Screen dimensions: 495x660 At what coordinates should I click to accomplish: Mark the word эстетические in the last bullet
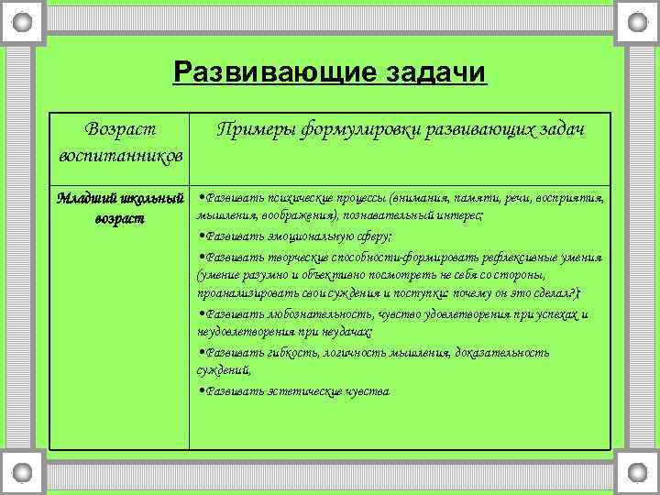pos(297,391)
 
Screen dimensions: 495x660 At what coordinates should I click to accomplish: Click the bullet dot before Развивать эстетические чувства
pos(200,391)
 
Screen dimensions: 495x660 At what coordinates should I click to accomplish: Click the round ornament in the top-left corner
pos(22,20)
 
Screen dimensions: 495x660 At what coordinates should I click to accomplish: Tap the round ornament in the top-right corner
pos(637,20)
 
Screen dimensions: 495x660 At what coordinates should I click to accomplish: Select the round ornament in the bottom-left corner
pos(22,473)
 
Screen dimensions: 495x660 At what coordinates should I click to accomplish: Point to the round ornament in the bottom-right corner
pos(637,473)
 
